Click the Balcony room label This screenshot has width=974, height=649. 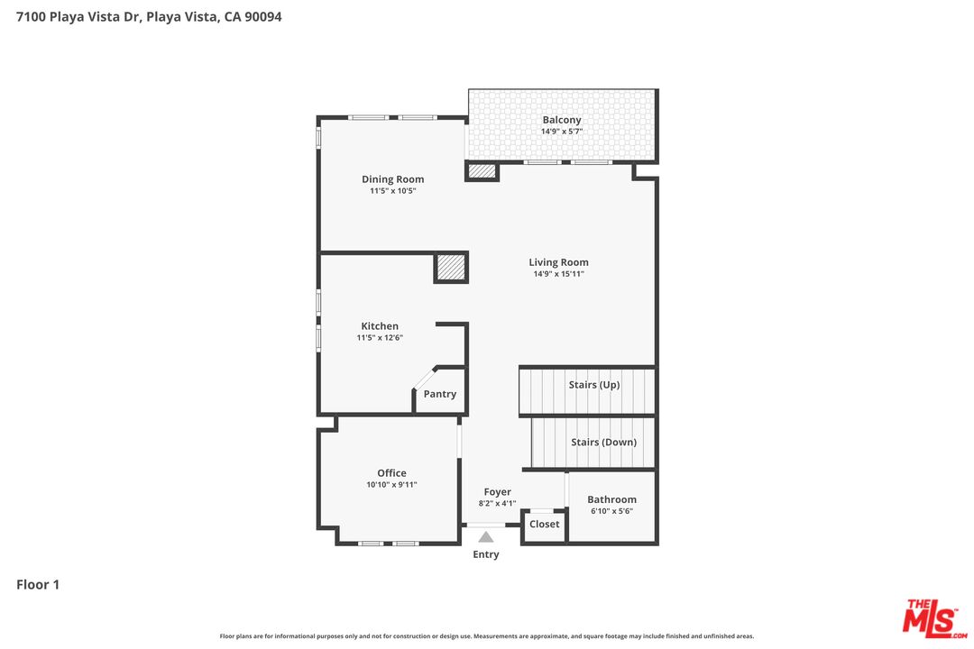click(x=561, y=120)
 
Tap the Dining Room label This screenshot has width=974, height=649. click(x=392, y=179)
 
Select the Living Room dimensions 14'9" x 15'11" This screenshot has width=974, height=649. click(x=558, y=274)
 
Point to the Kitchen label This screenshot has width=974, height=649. click(x=380, y=326)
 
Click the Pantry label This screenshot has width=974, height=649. click(x=440, y=394)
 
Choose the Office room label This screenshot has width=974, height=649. click(x=391, y=473)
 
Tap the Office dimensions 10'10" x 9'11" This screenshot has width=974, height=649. click(x=391, y=485)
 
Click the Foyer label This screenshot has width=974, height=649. click(x=497, y=492)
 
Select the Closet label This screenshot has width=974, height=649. click(x=544, y=524)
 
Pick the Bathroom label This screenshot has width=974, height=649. click(x=611, y=499)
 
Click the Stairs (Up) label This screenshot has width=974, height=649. click(x=593, y=385)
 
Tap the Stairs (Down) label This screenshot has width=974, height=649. click(x=603, y=443)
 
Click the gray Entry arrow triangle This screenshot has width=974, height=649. click(x=485, y=537)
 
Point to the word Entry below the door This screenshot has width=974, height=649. click(x=485, y=554)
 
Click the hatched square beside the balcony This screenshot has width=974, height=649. click(x=482, y=170)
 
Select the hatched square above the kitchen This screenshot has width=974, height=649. click(x=450, y=268)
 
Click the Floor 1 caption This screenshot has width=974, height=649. click(x=38, y=585)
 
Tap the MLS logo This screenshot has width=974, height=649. click(x=934, y=617)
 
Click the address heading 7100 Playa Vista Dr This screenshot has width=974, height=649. click(x=149, y=16)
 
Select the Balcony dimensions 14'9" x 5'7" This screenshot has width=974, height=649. click(x=561, y=132)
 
